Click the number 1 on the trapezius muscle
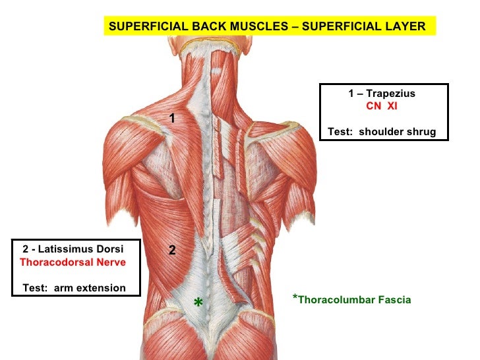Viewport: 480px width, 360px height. [x=171, y=119]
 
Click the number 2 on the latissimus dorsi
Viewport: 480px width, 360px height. [x=171, y=251]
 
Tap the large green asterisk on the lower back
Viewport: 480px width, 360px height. [x=198, y=303]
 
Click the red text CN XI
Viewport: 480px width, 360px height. [x=382, y=105]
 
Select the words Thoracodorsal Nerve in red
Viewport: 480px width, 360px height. [x=73, y=262]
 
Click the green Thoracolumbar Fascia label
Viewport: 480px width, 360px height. [x=354, y=300]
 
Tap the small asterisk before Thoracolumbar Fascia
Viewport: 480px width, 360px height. [x=295, y=298]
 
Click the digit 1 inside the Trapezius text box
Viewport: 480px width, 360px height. [x=351, y=94]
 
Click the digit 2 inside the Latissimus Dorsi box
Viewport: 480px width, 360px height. [x=25, y=249]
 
